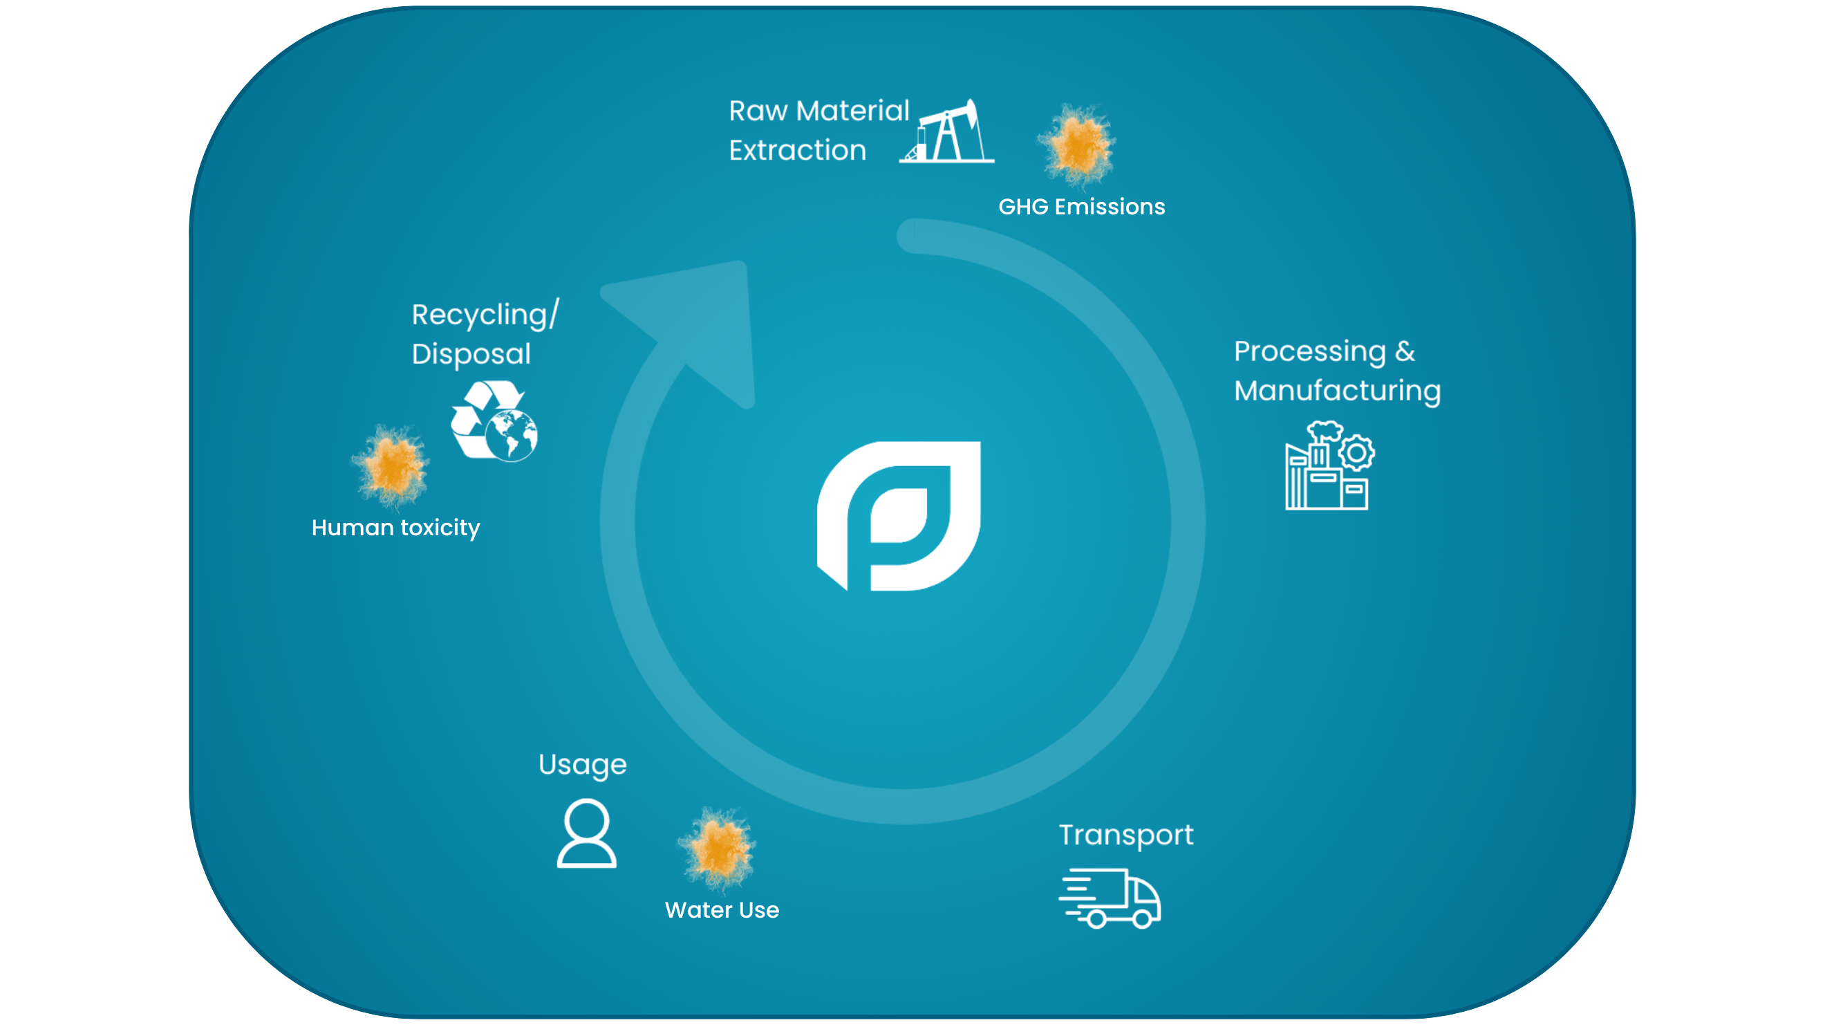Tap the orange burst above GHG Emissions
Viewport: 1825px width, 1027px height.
(x=1077, y=145)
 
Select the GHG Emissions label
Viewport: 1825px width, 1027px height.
(x=1081, y=207)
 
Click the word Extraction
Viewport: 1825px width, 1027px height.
(x=797, y=151)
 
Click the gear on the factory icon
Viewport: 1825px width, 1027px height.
(x=1356, y=452)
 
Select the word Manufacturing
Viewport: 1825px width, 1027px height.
(x=1337, y=391)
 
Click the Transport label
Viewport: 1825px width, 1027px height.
(x=1125, y=835)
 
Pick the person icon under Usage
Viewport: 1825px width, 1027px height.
(x=587, y=833)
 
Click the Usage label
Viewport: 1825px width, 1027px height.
(x=582, y=766)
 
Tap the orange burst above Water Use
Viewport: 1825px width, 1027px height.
(x=717, y=848)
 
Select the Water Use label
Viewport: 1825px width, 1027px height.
(x=722, y=910)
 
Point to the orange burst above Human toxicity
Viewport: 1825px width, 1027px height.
(x=391, y=465)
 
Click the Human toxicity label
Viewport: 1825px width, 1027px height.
(x=395, y=528)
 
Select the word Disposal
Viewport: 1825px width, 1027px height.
(x=471, y=354)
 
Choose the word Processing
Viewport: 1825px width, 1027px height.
(x=1309, y=351)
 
